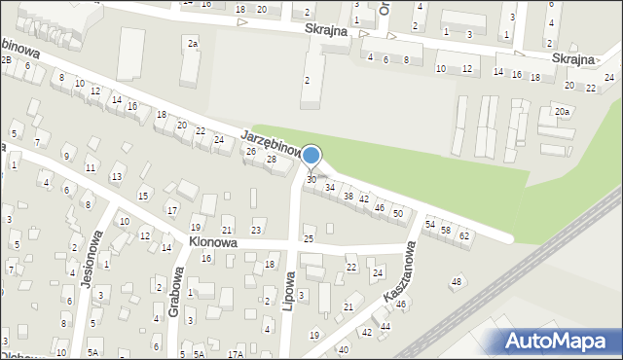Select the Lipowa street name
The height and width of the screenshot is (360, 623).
pyautogui.click(x=289, y=283)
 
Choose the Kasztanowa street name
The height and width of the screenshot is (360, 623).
pyautogui.click(x=398, y=275)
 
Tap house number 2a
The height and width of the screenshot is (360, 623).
pyautogui.click(x=194, y=43)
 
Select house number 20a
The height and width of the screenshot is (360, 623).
pyautogui.click(x=562, y=112)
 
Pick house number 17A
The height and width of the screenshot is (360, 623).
pyautogui.click(x=235, y=354)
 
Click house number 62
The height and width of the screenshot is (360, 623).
pyautogui.click(x=464, y=236)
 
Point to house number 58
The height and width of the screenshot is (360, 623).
pyautogui.click(x=446, y=230)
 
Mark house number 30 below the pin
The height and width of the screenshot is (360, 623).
pyautogui.click(x=311, y=180)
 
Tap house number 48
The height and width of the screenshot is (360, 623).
pyautogui.click(x=456, y=282)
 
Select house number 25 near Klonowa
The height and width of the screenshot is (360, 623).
pyautogui.click(x=309, y=238)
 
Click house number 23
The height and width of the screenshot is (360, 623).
pyautogui.click(x=256, y=230)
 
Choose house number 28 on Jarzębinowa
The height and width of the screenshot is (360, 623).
pyautogui.click(x=272, y=159)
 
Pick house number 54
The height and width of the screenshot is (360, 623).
pyautogui.click(x=429, y=224)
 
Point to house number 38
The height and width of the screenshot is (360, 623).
pyautogui.click(x=348, y=196)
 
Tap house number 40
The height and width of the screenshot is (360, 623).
pyautogui.click(x=343, y=349)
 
